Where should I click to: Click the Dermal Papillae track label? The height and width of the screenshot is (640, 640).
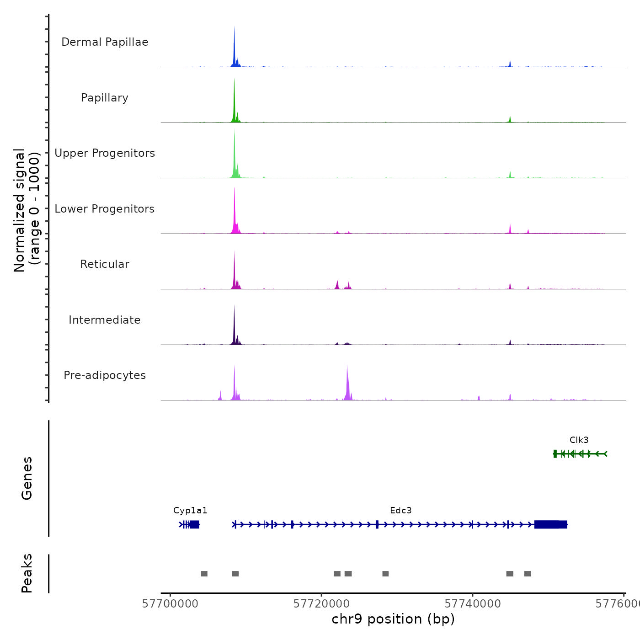click(x=105, y=42)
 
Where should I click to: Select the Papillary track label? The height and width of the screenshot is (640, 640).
click(x=105, y=98)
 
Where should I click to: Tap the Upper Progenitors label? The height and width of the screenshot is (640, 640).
click(x=105, y=153)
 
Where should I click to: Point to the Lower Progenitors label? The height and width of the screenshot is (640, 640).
click(x=105, y=209)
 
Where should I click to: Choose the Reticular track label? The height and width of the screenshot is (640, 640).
click(x=105, y=264)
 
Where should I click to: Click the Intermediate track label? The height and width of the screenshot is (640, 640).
click(x=105, y=320)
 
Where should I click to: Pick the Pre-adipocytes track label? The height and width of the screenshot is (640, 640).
click(x=105, y=375)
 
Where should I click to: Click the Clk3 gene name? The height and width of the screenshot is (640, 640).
click(x=579, y=440)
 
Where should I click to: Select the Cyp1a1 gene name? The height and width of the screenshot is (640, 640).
click(x=190, y=511)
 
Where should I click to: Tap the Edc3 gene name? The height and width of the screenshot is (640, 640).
click(x=400, y=511)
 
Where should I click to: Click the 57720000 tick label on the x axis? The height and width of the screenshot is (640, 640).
click(x=321, y=604)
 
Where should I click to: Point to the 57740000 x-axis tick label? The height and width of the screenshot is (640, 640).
click(x=473, y=604)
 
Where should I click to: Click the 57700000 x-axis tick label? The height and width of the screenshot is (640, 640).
click(x=171, y=604)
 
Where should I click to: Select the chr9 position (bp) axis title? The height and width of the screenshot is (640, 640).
click(x=393, y=619)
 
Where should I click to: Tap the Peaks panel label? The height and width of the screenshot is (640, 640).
click(x=27, y=573)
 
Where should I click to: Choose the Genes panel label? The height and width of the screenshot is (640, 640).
click(x=27, y=478)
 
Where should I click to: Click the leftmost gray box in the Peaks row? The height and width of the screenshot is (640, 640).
click(x=204, y=574)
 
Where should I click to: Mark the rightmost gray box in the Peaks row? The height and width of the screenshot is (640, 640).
click(x=528, y=574)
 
